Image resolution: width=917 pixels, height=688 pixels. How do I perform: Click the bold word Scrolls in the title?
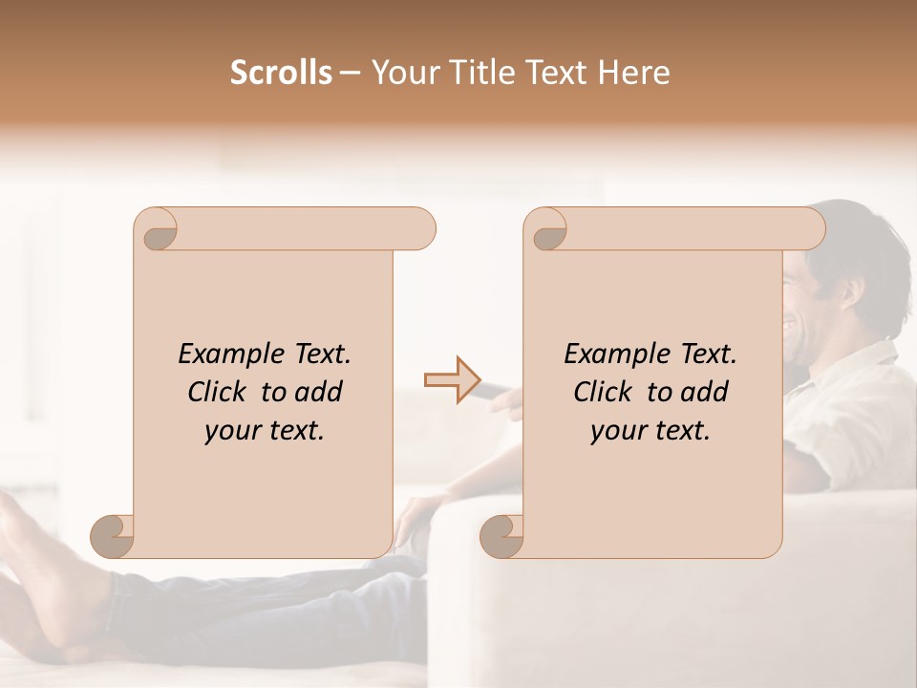(282, 73)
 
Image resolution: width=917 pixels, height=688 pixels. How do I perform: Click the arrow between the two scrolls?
(451, 380)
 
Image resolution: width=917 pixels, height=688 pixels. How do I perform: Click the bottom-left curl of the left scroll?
(112, 535)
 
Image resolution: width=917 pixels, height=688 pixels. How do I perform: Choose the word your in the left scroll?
(231, 432)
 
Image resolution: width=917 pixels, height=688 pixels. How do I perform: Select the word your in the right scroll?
(617, 432)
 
